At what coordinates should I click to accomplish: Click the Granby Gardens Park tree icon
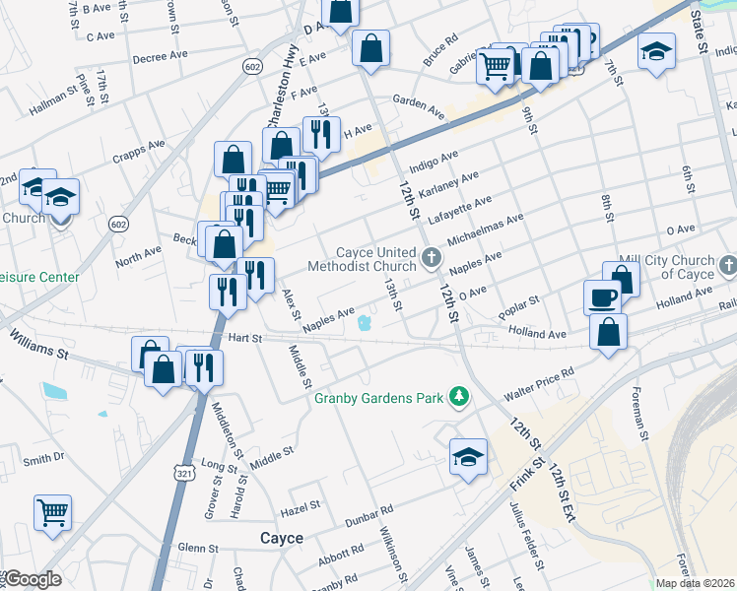click(x=458, y=397)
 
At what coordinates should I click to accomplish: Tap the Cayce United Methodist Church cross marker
click(x=431, y=258)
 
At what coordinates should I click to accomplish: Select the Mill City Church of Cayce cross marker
click(x=727, y=265)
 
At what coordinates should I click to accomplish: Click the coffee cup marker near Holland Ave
click(x=602, y=295)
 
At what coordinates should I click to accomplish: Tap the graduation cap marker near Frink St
click(x=469, y=457)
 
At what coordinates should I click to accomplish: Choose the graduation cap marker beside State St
click(x=656, y=51)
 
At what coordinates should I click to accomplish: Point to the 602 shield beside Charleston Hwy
click(x=252, y=65)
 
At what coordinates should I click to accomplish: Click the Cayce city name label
click(x=281, y=538)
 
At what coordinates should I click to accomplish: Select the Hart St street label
click(x=244, y=338)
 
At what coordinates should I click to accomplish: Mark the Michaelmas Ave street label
click(x=485, y=230)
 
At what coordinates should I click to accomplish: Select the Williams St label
click(x=40, y=344)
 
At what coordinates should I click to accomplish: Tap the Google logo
click(x=32, y=579)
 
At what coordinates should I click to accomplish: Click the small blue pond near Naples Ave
click(x=364, y=323)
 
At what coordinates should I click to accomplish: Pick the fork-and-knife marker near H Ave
click(x=321, y=134)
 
